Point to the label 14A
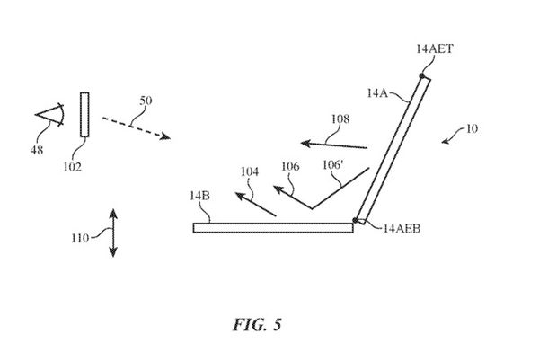click(378, 92)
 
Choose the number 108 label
click(340, 118)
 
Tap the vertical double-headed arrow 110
click(112, 232)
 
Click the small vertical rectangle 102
click(84, 114)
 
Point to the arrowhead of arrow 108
click(305, 141)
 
